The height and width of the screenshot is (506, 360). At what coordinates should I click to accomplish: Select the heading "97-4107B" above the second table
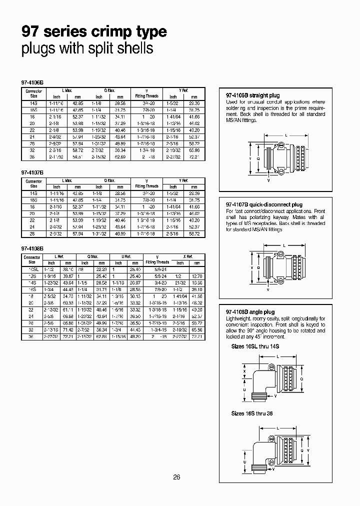(x=32, y=171)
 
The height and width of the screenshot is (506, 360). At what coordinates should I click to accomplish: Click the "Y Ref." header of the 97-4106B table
(x=183, y=90)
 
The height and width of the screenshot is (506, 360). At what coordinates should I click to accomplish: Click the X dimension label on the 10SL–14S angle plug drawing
(x=243, y=371)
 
